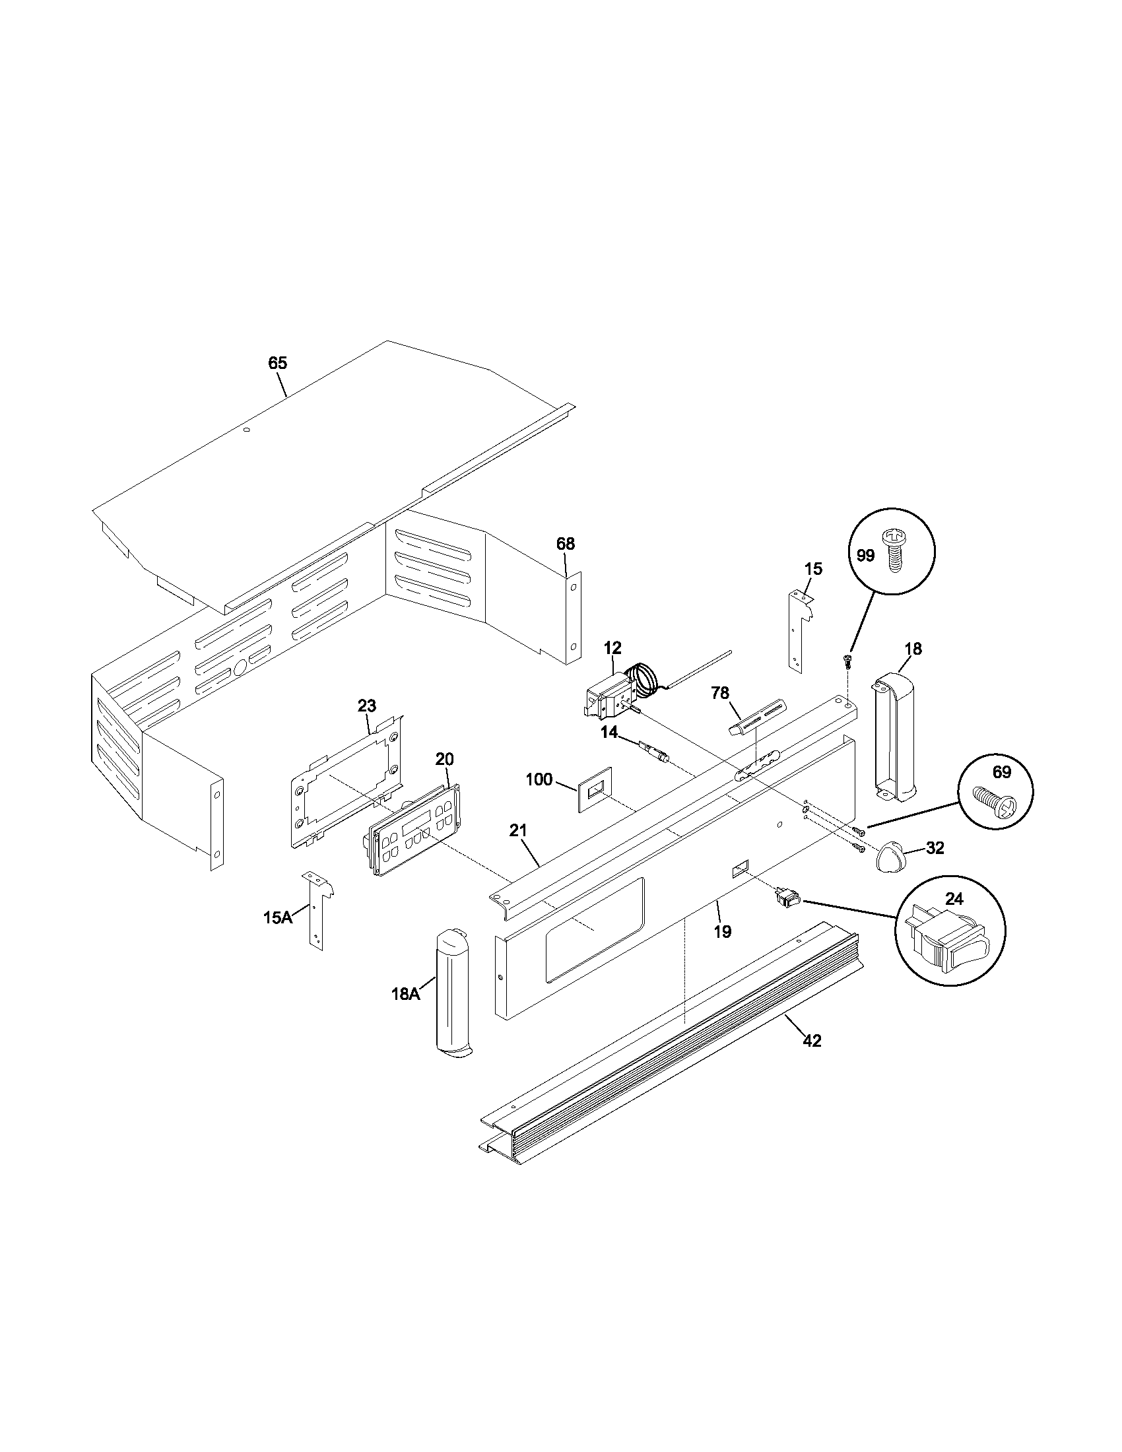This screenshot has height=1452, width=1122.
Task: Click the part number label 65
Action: click(x=277, y=363)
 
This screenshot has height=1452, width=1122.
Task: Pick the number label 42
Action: click(x=812, y=1040)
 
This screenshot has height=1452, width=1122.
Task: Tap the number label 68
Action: click(x=565, y=544)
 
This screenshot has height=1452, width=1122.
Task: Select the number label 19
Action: click(x=722, y=931)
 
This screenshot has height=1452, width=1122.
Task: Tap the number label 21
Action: click(x=518, y=830)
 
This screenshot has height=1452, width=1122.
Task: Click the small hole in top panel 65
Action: click(x=247, y=430)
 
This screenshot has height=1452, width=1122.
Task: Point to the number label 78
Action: click(x=720, y=693)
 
